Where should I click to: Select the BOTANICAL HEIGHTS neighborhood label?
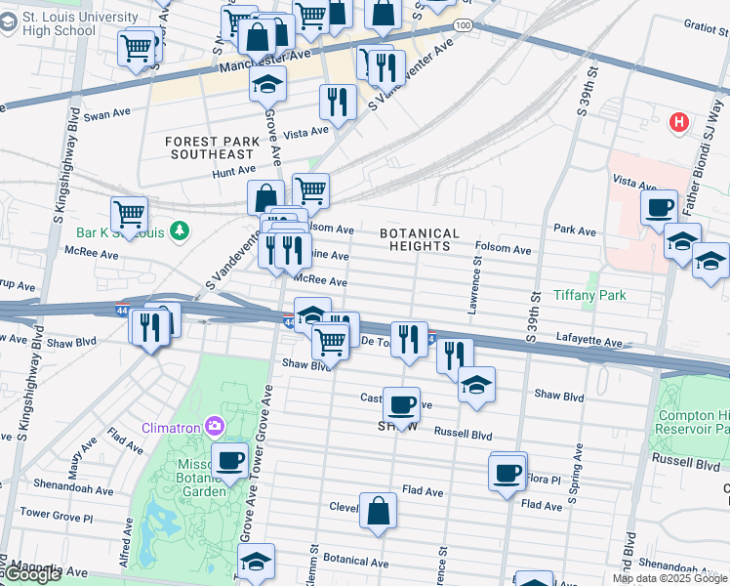[x=419, y=240]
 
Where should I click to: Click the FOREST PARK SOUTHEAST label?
[x=212, y=147]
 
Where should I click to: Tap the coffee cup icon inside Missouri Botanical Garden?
[x=230, y=460]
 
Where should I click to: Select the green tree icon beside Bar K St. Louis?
[x=179, y=231]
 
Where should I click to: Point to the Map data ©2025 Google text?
[x=669, y=578]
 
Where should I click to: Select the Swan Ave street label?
[x=106, y=114]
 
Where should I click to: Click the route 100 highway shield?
[x=464, y=24]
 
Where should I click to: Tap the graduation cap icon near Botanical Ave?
[x=257, y=563]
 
